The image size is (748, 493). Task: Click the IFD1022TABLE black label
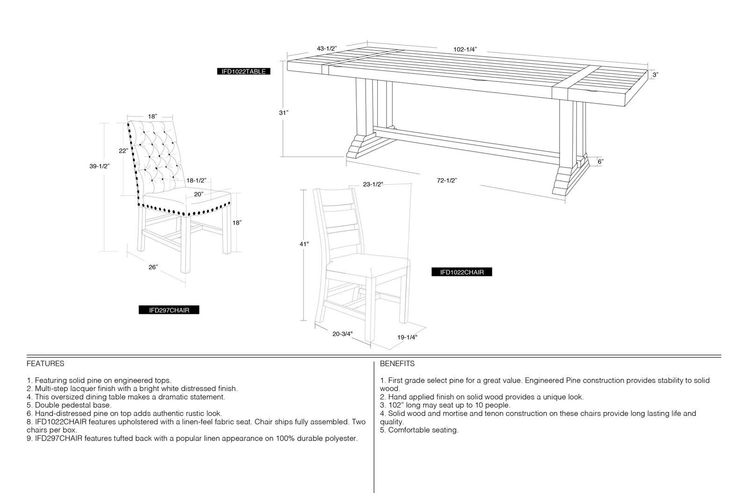[x=244, y=72]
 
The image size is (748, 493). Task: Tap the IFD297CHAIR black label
[x=169, y=310]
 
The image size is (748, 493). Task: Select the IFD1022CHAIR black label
[x=462, y=272]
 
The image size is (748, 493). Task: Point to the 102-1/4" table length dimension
[x=465, y=50]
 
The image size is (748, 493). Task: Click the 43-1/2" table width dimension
[x=327, y=49]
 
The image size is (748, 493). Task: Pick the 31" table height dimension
[x=284, y=113]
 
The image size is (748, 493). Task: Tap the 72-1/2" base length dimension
[x=447, y=181]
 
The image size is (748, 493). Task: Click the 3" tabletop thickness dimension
[x=655, y=75]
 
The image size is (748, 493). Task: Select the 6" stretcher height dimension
[x=600, y=162]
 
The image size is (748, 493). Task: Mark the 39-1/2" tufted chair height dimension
[x=99, y=166]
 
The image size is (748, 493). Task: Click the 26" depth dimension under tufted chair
[x=153, y=267]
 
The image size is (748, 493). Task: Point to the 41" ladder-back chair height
[x=304, y=244]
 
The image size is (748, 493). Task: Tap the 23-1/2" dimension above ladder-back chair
[x=373, y=184]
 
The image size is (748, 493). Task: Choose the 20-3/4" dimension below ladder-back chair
[x=342, y=333]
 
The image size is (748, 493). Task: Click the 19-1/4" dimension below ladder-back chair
[x=407, y=337]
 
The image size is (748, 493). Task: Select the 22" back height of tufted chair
[x=123, y=151]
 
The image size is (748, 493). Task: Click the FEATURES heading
[x=45, y=363]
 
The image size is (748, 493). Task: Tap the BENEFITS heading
[x=397, y=363]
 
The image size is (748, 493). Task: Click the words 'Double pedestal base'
[x=72, y=405]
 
